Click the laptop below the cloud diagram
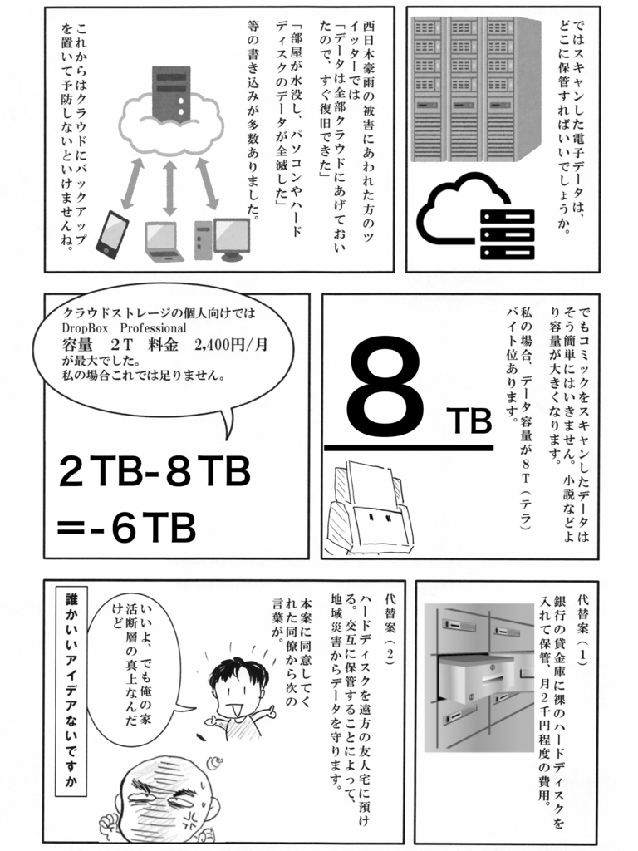[164, 239]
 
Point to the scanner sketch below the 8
[369, 509]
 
